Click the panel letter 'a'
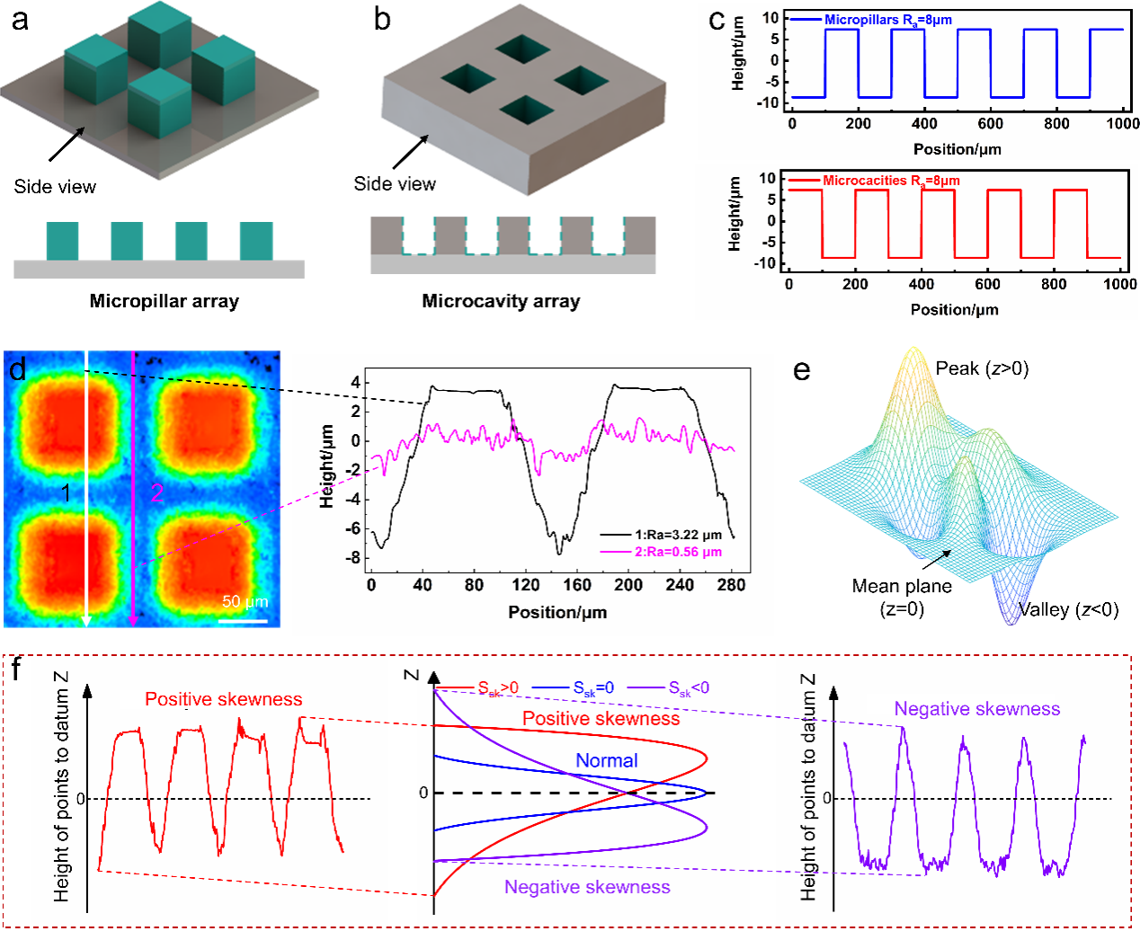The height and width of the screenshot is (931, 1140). click(x=20, y=19)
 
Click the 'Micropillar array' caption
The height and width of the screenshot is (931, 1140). click(x=164, y=301)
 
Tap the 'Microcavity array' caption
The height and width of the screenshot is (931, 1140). click(x=501, y=301)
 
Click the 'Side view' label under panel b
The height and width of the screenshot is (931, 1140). click(x=395, y=183)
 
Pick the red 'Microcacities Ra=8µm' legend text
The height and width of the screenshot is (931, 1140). click(x=891, y=181)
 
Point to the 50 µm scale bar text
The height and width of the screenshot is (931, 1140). click(x=245, y=601)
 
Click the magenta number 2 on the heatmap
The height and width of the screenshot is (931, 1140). click(x=156, y=492)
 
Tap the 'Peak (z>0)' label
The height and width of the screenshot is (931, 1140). click(x=982, y=368)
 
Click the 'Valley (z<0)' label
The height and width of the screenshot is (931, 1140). click(x=1068, y=610)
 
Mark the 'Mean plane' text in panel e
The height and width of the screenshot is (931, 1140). click(x=902, y=586)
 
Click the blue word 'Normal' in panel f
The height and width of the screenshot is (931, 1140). click(x=607, y=760)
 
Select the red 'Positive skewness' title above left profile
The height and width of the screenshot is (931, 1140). click(x=224, y=699)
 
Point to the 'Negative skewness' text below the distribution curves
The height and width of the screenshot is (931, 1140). click(x=587, y=887)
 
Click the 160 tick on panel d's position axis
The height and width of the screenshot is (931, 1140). click(x=577, y=585)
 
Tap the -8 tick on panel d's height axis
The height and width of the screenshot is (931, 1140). click(x=355, y=558)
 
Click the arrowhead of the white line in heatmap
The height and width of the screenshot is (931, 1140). click(x=86, y=620)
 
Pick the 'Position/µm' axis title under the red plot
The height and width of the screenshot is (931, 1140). click(x=954, y=309)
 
